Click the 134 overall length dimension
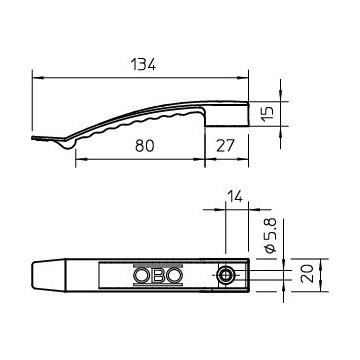tap(143, 64)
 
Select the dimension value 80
tap(145, 146)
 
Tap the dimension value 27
tap(226, 146)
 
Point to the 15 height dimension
tap(269, 114)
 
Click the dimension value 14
tap(235, 196)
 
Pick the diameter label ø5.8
tap(271, 235)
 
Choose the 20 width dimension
tap(307, 274)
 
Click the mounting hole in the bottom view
tap(226, 275)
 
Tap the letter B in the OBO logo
tap(158, 275)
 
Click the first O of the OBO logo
tap(142, 275)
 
